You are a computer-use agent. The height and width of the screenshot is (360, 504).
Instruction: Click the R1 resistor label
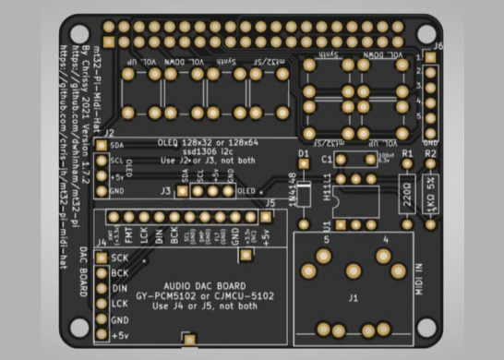pos(407,150)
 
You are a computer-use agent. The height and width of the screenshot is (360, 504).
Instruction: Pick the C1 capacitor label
pos(326,159)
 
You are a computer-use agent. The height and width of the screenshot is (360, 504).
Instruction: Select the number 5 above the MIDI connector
pos(326,240)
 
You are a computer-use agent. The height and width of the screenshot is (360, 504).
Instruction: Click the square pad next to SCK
pos(103,258)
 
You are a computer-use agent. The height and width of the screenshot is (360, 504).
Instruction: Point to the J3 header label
pos(165,192)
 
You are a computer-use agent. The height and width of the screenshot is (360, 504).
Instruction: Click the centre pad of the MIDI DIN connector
pos(353,271)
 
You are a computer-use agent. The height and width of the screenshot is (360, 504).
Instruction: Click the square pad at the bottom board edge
pos(190,342)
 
